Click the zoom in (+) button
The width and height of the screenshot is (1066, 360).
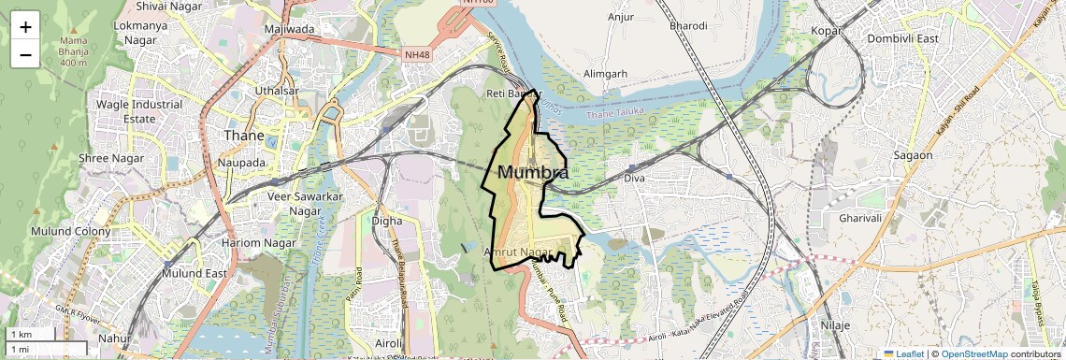[x=25, y=26]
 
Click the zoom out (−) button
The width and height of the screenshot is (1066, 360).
[x=25, y=54]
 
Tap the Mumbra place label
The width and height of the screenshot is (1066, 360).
[x=532, y=172]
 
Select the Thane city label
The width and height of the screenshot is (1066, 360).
[x=245, y=136]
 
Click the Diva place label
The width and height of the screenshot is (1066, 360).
[x=635, y=178]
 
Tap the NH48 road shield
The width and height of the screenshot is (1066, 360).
[x=417, y=55]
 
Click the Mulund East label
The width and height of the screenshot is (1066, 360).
[x=194, y=273]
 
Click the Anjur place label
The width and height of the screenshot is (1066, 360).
[x=621, y=17]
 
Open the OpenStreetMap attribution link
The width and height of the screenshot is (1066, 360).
[x=973, y=353]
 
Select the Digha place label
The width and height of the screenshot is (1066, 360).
[x=387, y=222]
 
